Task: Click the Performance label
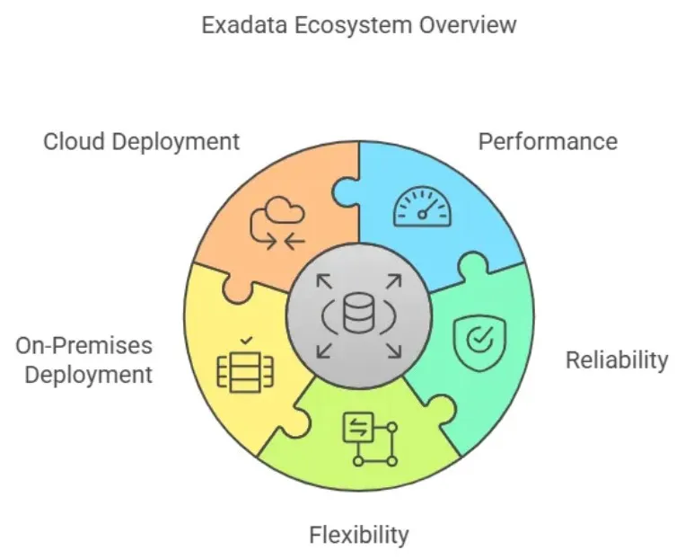tap(547, 141)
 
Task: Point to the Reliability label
tap(616, 360)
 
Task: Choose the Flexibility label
tap(358, 536)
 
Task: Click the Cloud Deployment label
tap(142, 141)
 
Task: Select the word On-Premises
tap(84, 346)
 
